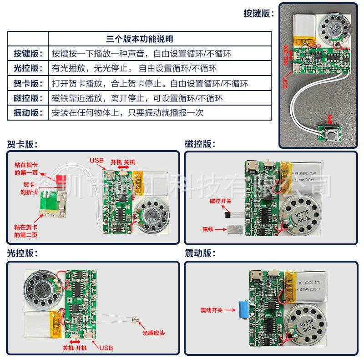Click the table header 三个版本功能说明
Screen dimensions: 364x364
(139, 39)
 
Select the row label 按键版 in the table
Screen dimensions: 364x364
(28, 54)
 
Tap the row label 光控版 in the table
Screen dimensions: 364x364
(28, 69)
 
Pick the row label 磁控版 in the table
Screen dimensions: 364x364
(28, 98)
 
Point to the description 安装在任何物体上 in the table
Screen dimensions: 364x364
(128, 113)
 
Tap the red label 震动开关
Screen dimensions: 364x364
(212, 310)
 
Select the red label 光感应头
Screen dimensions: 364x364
(153, 333)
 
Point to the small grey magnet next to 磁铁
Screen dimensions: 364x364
(236, 230)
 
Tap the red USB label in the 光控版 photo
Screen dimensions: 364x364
(105, 348)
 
